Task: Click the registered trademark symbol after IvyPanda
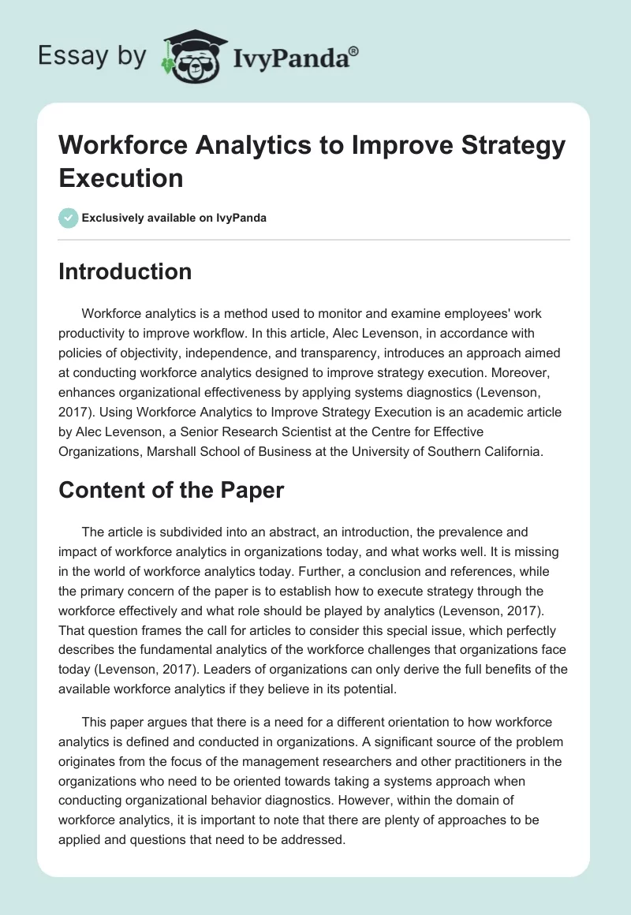[x=354, y=50]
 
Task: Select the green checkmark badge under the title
[x=69, y=218]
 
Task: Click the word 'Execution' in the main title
[x=121, y=177]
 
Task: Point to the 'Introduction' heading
[x=125, y=272]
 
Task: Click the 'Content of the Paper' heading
[x=171, y=490]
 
